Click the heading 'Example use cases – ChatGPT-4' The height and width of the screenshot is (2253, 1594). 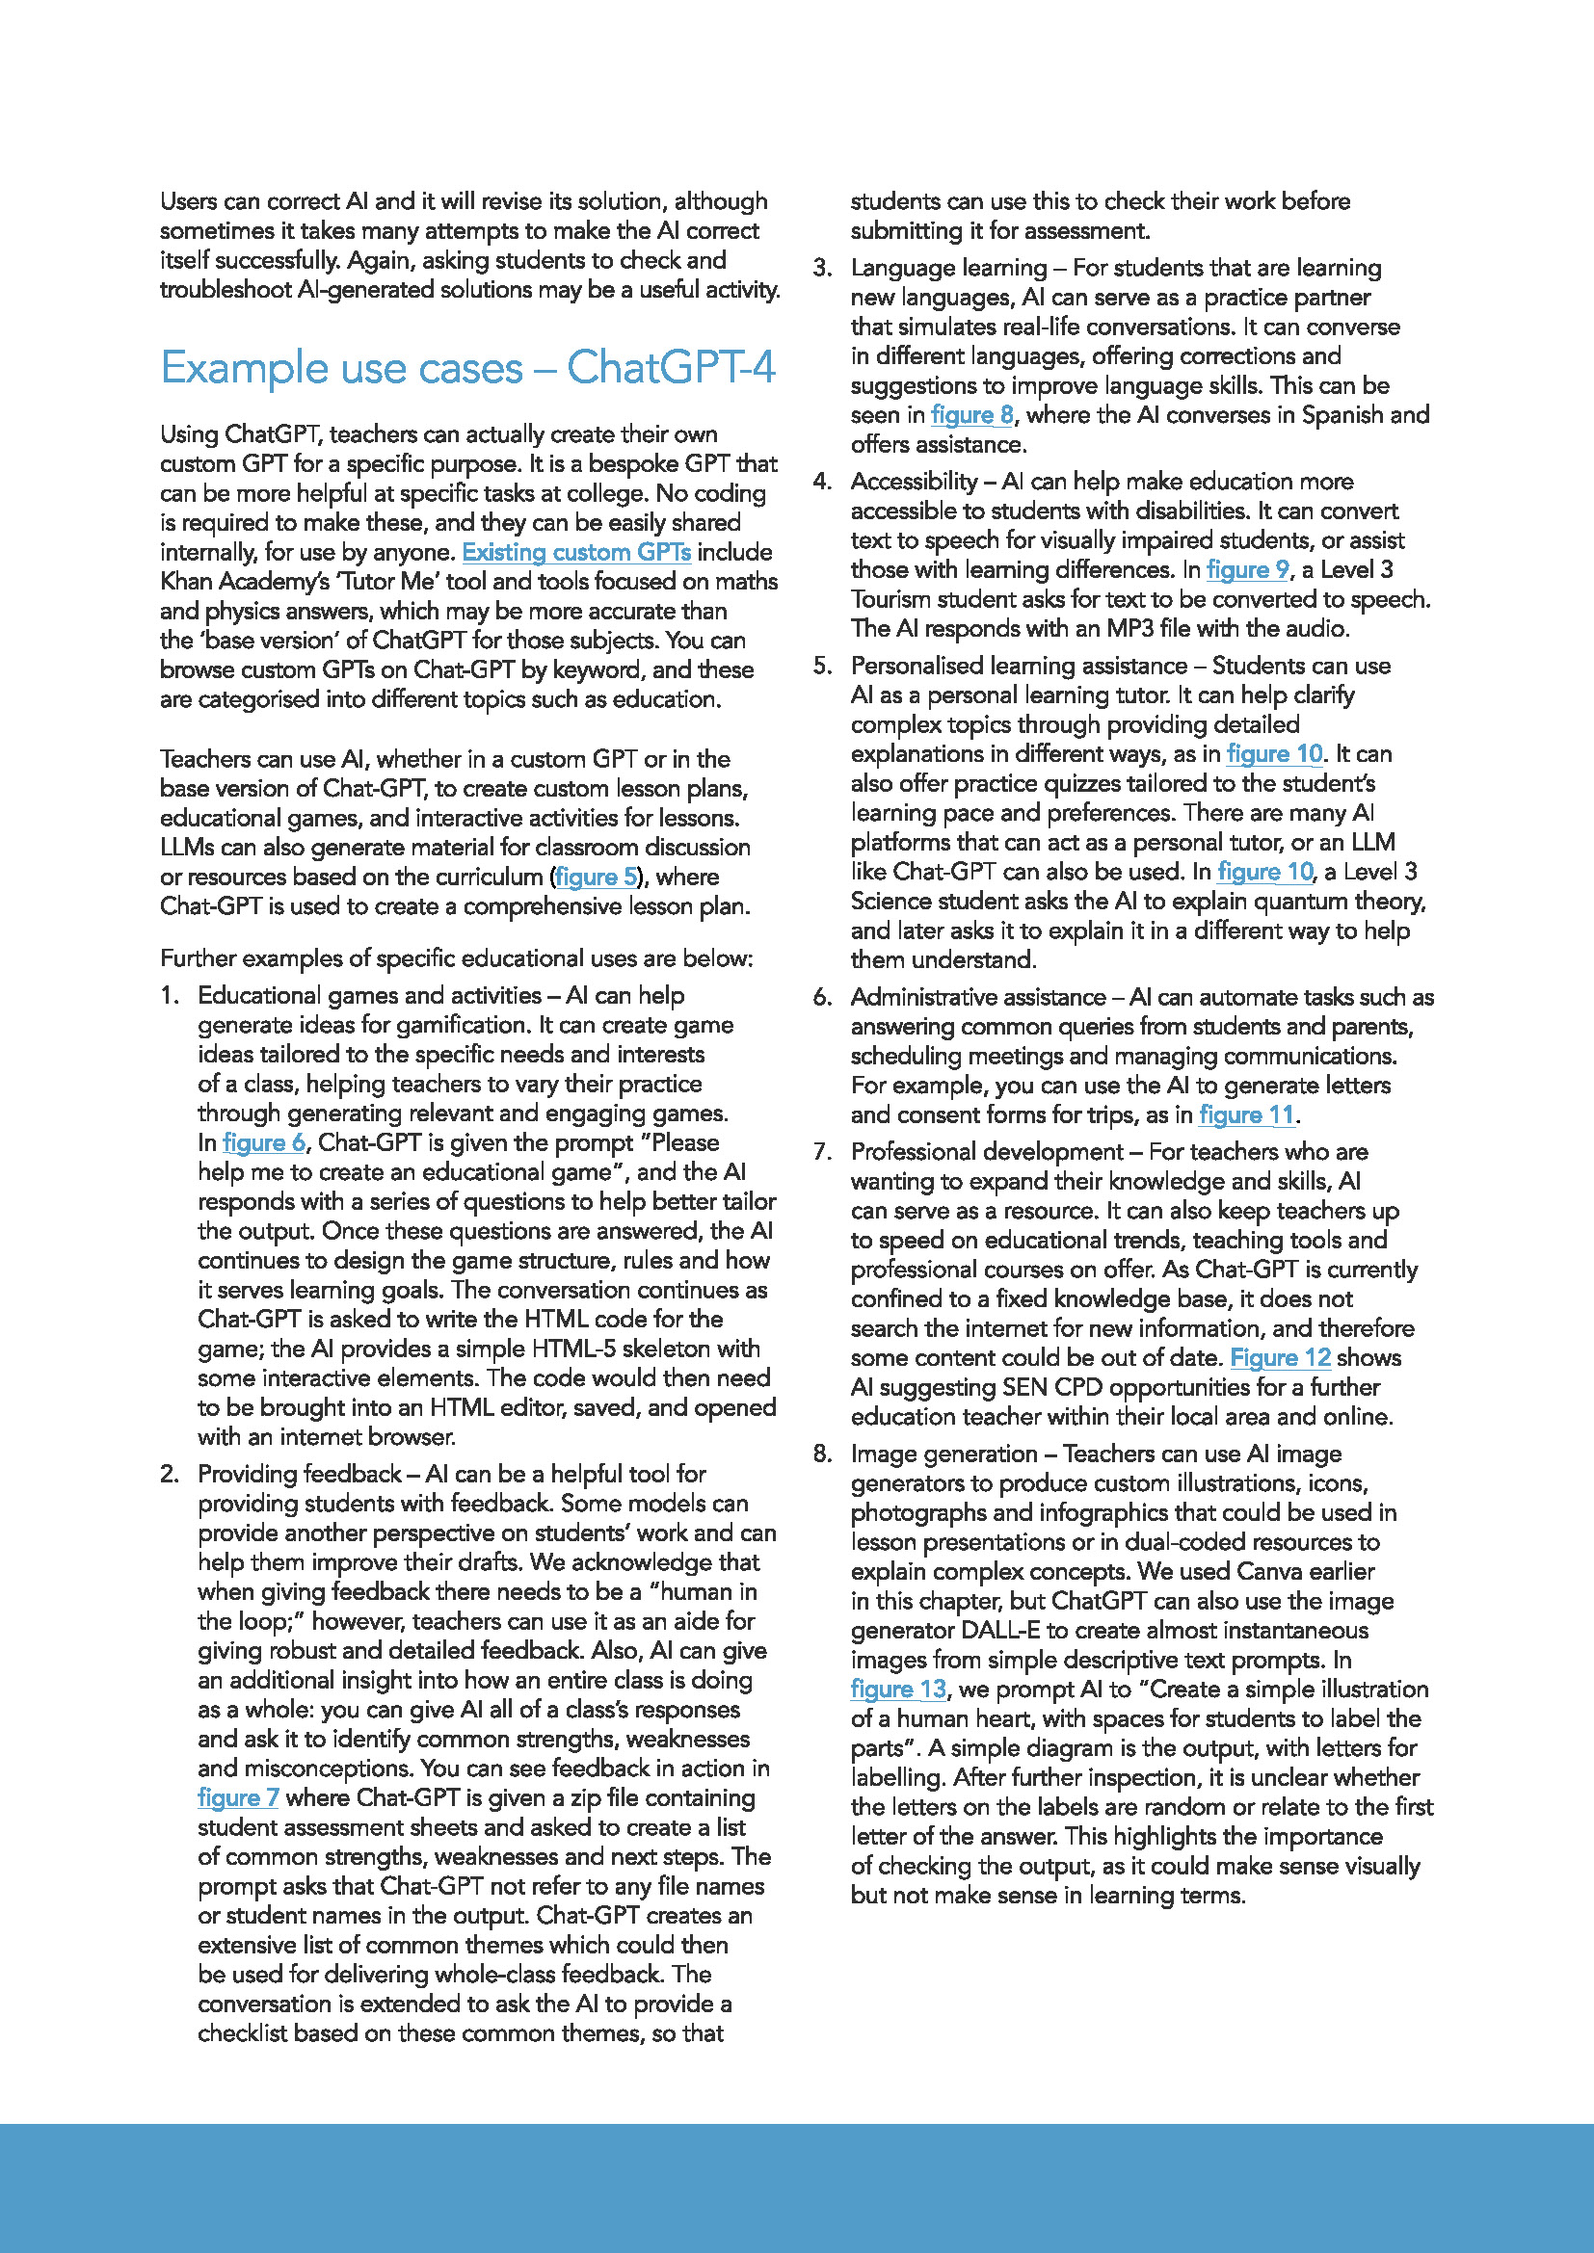(x=467, y=368)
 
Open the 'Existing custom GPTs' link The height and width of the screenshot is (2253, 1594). (x=576, y=553)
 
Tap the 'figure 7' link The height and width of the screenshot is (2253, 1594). (x=237, y=1797)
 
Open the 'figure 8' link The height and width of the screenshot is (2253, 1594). (x=970, y=415)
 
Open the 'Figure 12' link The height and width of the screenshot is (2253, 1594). (x=1280, y=1357)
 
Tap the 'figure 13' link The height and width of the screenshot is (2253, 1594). (x=898, y=1689)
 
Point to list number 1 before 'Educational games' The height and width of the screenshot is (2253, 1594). (x=169, y=996)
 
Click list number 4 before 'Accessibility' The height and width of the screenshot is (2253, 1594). (x=821, y=482)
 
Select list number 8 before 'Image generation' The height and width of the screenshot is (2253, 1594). (x=821, y=1454)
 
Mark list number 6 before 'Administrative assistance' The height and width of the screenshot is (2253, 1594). (x=821, y=998)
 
